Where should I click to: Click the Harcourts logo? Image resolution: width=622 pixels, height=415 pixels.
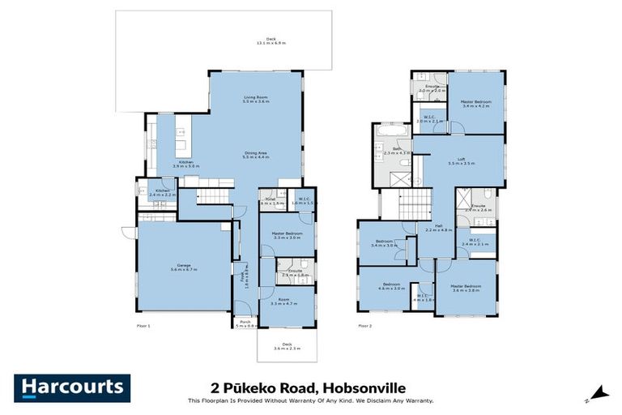tap(71, 388)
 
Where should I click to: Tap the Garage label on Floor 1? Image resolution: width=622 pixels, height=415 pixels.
tap(184, 267)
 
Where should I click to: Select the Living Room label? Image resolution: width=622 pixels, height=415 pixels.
tap(256, 101)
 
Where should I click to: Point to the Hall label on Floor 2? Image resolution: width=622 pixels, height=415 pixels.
tap(437, 228)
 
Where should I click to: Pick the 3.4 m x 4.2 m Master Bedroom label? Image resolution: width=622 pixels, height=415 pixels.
tap(476, 103)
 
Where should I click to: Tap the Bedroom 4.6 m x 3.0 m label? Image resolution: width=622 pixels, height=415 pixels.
tap(391, 287)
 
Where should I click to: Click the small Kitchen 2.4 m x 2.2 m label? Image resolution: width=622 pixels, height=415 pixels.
tap(162, 193)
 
